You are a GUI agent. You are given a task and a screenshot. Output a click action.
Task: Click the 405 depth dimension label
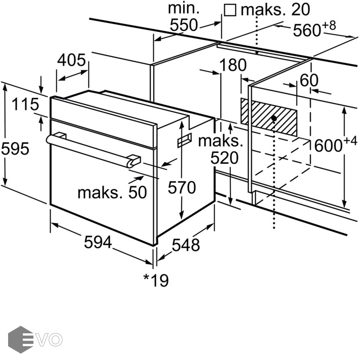[x=71, y=60]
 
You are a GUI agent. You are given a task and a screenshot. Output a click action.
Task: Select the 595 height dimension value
[x=15, y=149]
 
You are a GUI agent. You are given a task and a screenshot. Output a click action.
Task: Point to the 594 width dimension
[x=98, y=242]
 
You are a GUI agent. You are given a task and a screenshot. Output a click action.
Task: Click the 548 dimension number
[x=186, y=245]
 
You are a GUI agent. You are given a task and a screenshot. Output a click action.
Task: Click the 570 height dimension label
[x=182, y=187]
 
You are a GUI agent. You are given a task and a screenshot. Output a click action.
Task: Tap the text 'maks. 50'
[x=112, y=192]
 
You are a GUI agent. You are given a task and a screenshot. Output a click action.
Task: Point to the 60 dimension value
[x=309, y=80]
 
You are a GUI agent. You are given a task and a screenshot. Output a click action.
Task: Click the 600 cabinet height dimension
[x=331, y=145]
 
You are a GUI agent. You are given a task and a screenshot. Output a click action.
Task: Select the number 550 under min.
[x=184, y=25]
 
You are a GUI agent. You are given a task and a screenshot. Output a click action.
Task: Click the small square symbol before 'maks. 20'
[x=230, y=10]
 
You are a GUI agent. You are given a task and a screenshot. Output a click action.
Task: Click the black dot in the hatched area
[x=274, y=118]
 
